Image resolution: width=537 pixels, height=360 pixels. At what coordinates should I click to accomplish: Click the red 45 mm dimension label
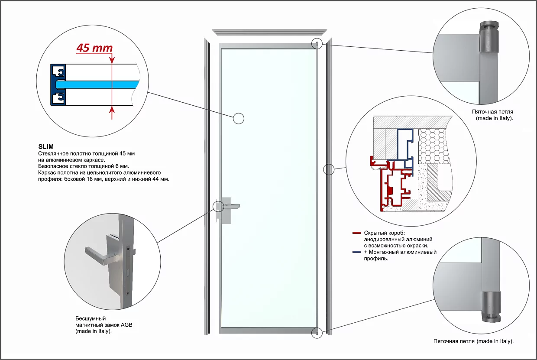(x=94, y=48)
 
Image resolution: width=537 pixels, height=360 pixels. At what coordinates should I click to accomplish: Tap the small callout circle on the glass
(x=239, y=118)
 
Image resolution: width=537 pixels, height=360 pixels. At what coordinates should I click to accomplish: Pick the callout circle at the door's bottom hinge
(x=317, y=333)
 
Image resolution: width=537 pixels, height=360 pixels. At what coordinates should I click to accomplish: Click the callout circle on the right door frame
(x=329, y=169)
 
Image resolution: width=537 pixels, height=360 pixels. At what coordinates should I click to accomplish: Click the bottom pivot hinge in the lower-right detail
(x=490, y=306)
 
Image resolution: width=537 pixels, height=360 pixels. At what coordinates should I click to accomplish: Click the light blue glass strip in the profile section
(x=100, y=83)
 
